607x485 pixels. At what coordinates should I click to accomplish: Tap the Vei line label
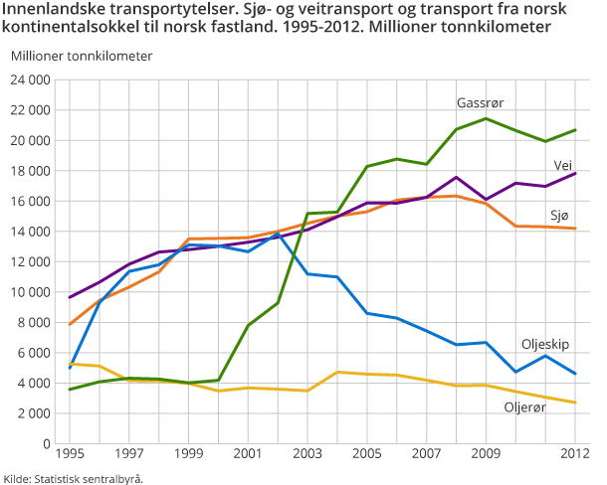coord(563,165)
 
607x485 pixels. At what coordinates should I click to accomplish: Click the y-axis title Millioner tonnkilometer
coord(82,55)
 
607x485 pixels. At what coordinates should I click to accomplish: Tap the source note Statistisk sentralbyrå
coord(75,478)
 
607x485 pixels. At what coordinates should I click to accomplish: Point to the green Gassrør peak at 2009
coord(485,118)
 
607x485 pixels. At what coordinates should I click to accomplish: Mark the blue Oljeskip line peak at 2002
coord(278,234)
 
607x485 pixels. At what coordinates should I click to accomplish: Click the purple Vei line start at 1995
coord(69,297)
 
